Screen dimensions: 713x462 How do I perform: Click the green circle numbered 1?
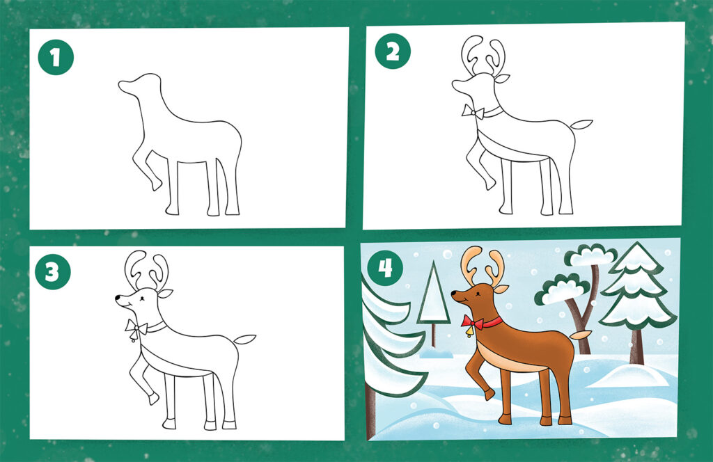56,57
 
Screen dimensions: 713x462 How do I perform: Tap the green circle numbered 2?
393,51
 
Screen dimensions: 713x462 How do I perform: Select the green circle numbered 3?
53,272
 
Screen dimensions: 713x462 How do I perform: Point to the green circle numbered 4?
385,268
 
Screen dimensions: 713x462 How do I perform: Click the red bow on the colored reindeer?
473,323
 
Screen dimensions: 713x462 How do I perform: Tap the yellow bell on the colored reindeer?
469,333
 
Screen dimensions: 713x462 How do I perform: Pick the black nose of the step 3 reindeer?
118,298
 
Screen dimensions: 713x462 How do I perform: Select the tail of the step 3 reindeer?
245,339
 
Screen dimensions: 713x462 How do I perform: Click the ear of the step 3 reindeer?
165,294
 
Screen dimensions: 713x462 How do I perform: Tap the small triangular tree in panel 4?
434,295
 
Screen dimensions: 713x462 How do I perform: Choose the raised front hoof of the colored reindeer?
489,393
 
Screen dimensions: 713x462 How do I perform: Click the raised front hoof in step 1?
156,184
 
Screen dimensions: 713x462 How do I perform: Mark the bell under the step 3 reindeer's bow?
133,337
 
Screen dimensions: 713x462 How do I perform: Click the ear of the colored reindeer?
501,289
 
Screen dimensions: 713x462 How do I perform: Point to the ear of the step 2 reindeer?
502,79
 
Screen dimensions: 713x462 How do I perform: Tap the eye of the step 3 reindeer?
142,298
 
